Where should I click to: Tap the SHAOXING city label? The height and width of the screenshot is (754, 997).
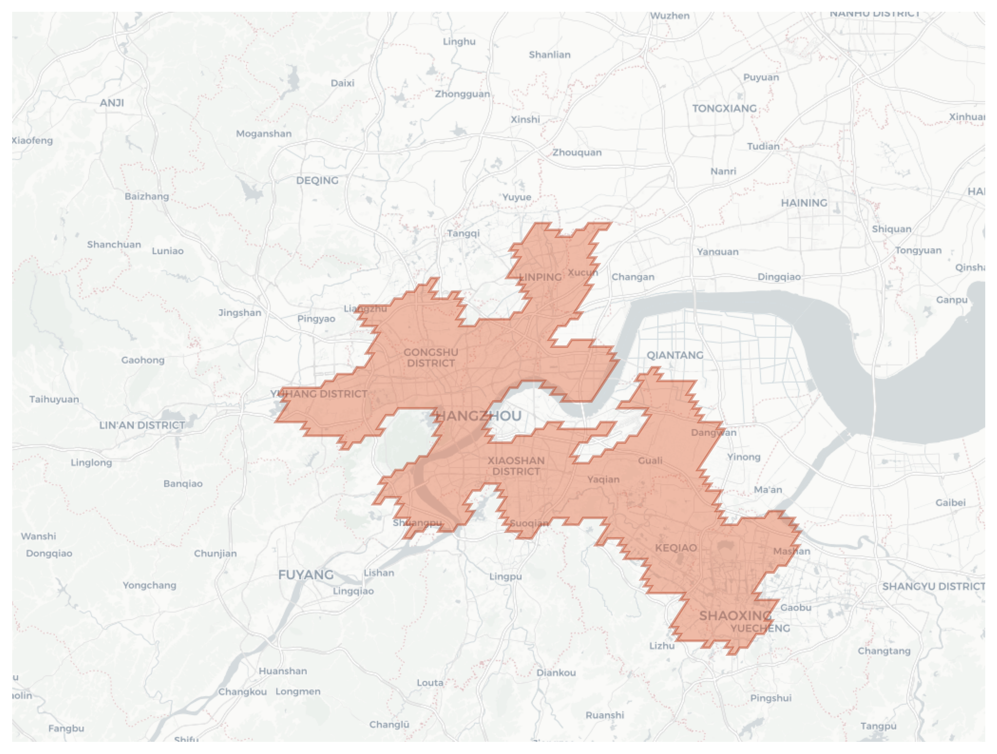[735, 616]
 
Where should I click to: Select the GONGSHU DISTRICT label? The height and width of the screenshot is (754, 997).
[431, 358]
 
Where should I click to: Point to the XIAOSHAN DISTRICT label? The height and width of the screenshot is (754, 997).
[516, 466]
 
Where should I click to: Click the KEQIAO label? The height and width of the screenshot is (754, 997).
[675, 548]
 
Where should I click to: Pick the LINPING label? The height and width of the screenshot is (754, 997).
[540, 277]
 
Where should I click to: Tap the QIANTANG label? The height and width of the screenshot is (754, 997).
[675, 355]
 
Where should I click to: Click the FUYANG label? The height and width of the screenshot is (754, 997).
[306, 575]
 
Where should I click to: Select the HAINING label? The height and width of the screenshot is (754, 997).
[804, 203]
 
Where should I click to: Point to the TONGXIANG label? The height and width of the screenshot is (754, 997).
[724, 109]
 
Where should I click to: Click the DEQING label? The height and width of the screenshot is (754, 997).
[317, 180]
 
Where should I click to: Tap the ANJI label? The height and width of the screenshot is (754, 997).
[112, 103]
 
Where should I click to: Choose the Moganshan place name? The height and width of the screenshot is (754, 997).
[264, 133]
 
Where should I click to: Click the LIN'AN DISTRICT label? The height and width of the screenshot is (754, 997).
[142, 425]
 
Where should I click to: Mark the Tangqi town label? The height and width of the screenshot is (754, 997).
[463, 233]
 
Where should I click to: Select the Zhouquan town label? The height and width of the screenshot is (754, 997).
[577, 153]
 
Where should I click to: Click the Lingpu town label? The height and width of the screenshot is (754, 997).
[505, 576]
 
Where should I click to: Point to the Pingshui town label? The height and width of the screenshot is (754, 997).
[771, 698]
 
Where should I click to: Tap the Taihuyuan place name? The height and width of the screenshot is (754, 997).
[54, 399]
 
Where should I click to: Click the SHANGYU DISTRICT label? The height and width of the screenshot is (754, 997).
[933, 586]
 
